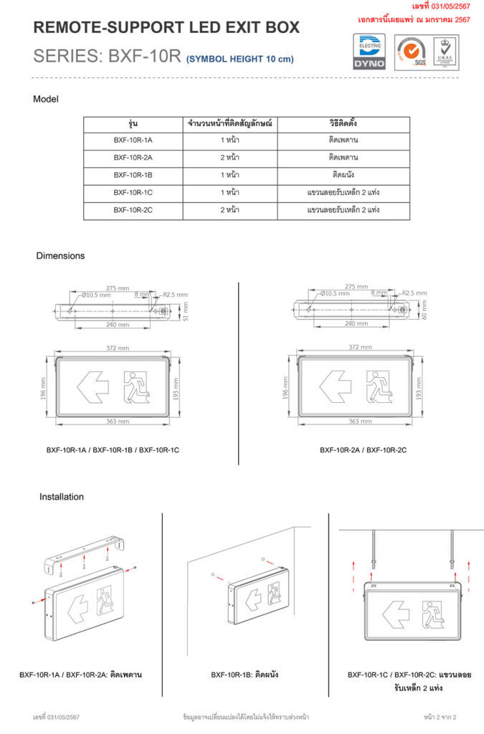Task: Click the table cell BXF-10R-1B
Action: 133,175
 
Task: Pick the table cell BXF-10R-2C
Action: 133,210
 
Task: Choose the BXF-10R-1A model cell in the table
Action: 133,140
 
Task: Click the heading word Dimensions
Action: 60,256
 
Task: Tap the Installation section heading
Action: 61,497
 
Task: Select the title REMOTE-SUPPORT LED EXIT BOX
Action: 166,29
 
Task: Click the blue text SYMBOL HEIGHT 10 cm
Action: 240,59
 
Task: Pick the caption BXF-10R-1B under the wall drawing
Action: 245,675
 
